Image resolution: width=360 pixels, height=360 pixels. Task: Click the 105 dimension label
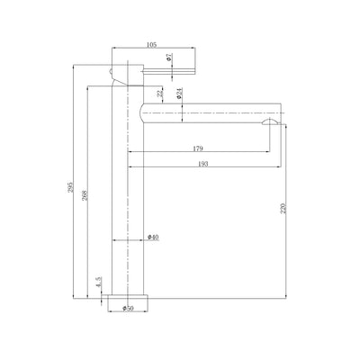point(151,45)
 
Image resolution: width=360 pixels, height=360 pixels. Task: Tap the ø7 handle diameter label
point(169,57)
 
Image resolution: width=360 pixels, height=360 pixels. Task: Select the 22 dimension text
point(160,94)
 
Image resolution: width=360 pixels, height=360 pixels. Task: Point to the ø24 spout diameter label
point(179,94)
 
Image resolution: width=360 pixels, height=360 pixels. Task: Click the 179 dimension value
point(198,148)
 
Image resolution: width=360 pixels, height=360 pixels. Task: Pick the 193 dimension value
point(203,164)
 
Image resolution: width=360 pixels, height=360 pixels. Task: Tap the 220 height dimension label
point(283,208)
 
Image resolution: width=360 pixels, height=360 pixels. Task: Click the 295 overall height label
point(71,187)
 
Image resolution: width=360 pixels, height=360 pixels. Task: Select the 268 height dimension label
point(85,195)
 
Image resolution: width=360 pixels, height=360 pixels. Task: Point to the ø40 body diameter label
point(153,238)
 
